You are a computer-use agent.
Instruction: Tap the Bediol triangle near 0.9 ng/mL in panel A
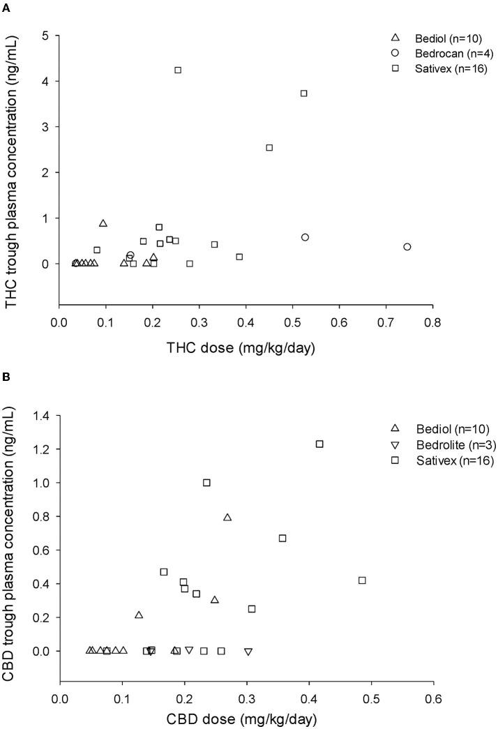tap(103, 223)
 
